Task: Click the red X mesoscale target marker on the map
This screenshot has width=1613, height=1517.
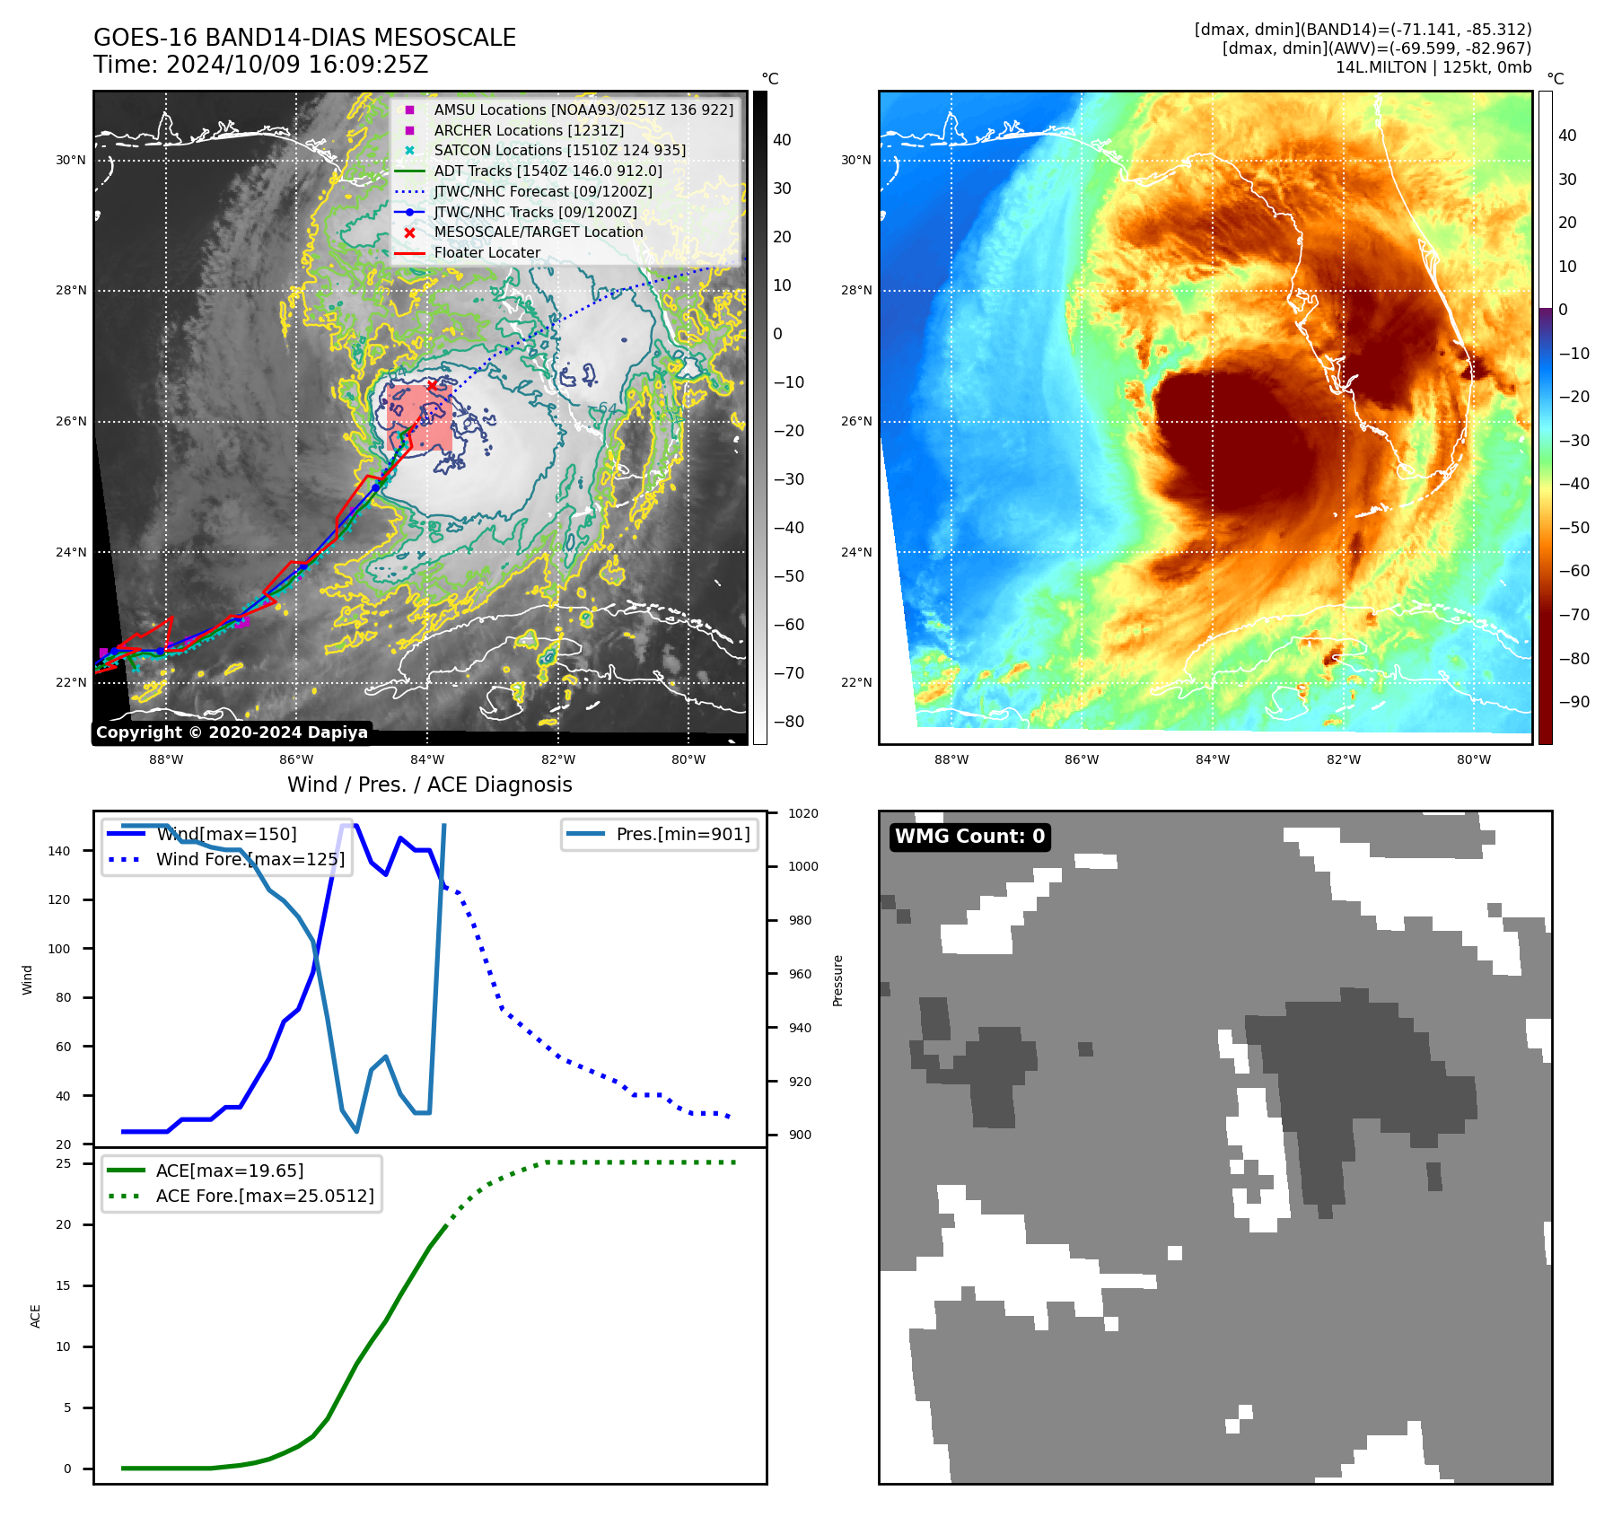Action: [432, 385]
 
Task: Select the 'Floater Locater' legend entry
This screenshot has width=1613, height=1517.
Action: [487, 253]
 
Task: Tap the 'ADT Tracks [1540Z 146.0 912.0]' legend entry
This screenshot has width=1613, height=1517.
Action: [548, 171]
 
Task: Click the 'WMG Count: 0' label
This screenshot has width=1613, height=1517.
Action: [969, 837]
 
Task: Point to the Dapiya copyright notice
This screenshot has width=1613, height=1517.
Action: [232, 732]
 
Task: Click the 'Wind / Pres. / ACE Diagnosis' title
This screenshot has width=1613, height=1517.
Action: [429, 785]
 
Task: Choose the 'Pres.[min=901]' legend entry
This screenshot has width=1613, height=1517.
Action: [682, 834]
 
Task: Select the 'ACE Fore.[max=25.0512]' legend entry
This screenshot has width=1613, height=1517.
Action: [265, 1196]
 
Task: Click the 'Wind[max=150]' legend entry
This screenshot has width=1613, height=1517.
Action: [226, 834]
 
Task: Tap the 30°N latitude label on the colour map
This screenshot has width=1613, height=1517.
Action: [855, 161]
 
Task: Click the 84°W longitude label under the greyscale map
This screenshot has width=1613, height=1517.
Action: [427, 759]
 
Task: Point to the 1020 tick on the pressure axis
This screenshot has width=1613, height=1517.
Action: [802, 813]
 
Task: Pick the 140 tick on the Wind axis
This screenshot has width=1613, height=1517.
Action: [58, 851]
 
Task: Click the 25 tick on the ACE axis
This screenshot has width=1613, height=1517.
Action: [63, 1163]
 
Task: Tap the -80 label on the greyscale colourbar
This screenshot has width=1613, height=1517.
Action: [789, 722]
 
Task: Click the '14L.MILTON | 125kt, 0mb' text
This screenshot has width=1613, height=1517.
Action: [1433, 67]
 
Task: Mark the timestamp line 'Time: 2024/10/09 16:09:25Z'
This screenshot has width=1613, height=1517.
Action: [260, 66]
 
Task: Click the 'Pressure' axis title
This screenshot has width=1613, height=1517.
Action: [837, 980]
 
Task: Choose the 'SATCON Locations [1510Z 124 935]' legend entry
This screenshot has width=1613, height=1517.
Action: [559, 151]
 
